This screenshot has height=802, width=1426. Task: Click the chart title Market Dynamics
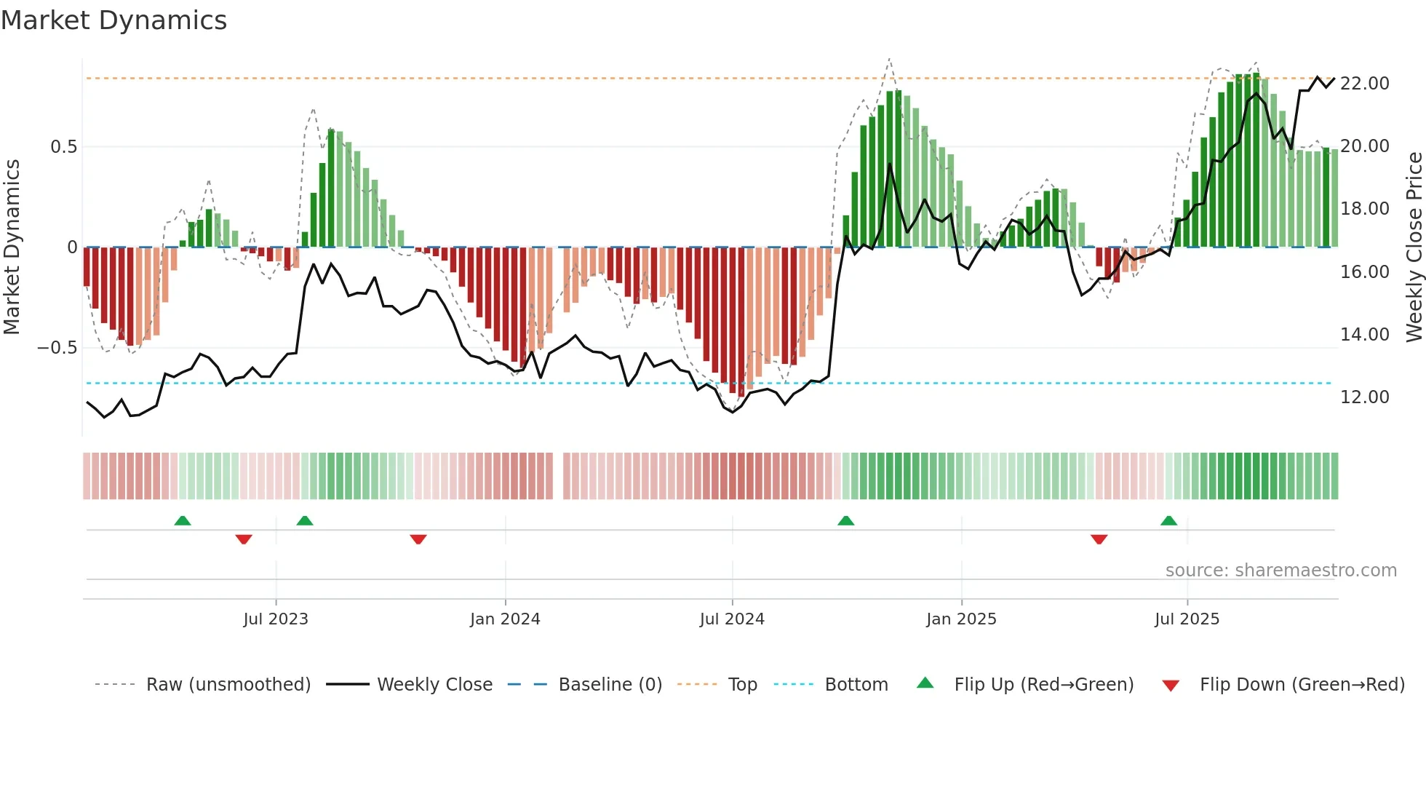(x=114, y=20)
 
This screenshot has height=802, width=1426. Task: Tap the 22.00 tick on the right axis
(x=1364, y=84)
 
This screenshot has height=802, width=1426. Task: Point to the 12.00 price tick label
(x=1364, y=397)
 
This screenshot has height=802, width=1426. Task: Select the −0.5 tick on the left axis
(x=57, y=348)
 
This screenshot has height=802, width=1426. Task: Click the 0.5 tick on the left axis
(x=63, y=147)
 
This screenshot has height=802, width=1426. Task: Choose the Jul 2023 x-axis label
(x=276, y=619)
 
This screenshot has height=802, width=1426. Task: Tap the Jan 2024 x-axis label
(x=505, y=619)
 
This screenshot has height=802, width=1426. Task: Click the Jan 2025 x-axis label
(x=961, y=619)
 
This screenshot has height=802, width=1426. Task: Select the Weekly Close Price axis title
(x=1414, y=247)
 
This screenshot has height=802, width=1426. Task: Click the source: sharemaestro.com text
(x=1280, y=571)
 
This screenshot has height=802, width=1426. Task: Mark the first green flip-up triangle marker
(x=183, y=521)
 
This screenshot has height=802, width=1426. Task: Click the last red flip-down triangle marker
(x=1099, y=539)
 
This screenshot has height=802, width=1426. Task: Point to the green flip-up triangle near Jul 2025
(x=1168, y=521)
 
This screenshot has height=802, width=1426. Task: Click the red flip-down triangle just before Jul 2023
(x=244, y=539)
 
